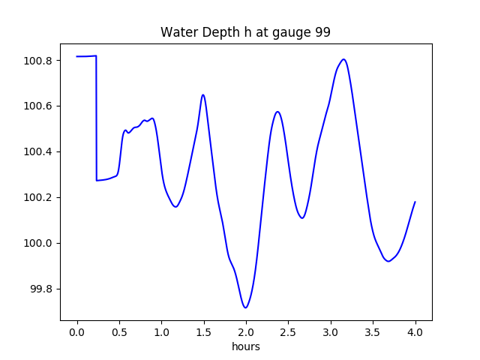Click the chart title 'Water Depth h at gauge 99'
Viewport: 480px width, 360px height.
pyautogui.click(x=245, y=32)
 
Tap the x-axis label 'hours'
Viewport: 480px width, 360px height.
pyautogui.click(x=246, y=346)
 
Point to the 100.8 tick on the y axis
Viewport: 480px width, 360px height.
pyautogui.click(x=37, y=61)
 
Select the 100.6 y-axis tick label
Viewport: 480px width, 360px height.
pyautogui.click(x=37, y=106)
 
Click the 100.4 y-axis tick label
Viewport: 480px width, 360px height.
pyautogui.click(x=37, y=151)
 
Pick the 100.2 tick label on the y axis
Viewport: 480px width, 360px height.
pyautogui.click(x=37, y=197)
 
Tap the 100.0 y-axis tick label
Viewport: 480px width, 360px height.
pyautogui.click(x=37, y=243)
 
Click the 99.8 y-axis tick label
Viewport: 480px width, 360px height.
pyautogui.click(x=40, y=289)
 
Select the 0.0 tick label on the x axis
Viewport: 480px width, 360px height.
pyautogui.click(x=77, y=332)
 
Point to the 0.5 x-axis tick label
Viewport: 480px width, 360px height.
pyautogui.click(x=119, y=332)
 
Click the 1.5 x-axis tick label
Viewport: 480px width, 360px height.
pyautogui.click(x=204, y=332)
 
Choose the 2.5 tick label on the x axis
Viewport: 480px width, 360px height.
pyautogui.click(x=288, y=332)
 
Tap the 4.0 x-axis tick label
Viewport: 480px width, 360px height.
pyautogui.click(x=415, y=332)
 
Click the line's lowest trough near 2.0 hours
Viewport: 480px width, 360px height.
pyautogui.click(x=245, y=307)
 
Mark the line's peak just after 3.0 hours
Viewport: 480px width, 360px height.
pyautogui.click(x=343, y=59)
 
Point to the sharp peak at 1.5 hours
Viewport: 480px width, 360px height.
pyautogui.click(x=203, y=95)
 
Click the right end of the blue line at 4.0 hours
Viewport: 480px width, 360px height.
pyautogui.click(x=415, y=202)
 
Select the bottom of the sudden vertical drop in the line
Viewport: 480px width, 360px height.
pyautogui.click(x=97, y=181)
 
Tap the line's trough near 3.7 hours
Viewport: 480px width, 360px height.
pyautogui.click(x=388, y=262)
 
